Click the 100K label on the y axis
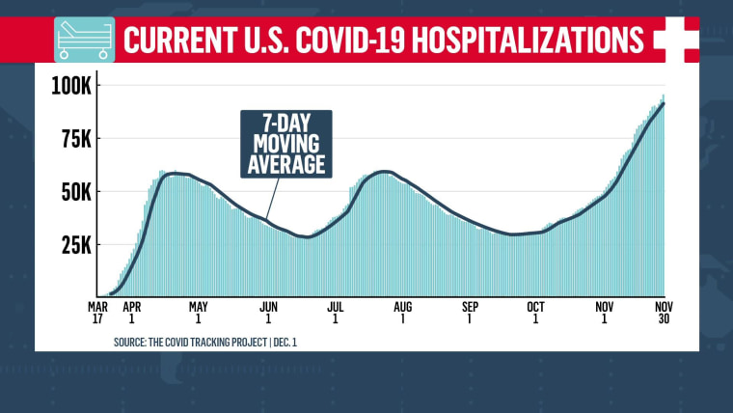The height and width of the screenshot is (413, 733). click(71, 87)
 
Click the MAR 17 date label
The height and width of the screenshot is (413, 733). click(97, 314)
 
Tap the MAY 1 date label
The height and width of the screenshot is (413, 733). click(198, 314)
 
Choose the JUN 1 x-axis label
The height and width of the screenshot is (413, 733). click(268, 314)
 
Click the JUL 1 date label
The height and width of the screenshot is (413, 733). click(337, 314)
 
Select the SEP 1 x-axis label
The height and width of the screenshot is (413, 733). click(471, 314)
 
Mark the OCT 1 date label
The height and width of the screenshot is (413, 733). click(535, 314)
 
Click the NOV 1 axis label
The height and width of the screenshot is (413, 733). click(605, 314)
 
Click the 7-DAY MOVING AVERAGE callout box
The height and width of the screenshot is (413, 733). click(285, 144)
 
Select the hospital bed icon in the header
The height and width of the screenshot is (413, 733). click(83, 39)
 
